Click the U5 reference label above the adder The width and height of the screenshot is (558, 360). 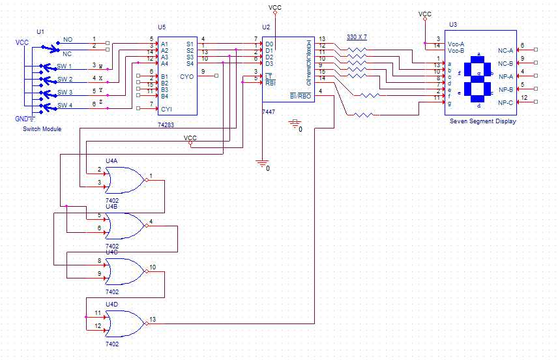(162, 27)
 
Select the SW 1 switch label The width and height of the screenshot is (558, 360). (65, 67)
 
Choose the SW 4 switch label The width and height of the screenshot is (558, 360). (65, 105)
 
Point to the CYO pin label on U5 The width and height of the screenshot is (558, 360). (187, 76)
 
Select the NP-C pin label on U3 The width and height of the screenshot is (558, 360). (506, 103)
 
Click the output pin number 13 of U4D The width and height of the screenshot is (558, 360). (153, 319)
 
